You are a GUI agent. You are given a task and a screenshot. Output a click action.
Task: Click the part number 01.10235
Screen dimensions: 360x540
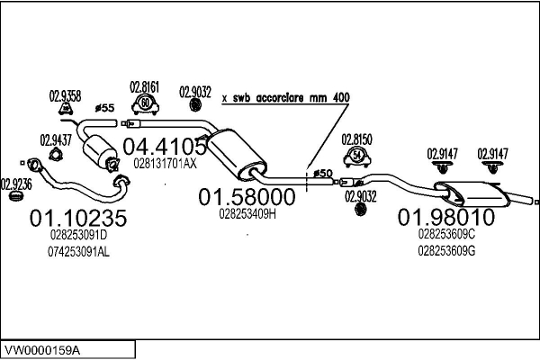[x=78, y=218]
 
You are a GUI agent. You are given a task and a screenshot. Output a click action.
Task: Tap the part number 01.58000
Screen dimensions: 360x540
[x=247, y=195]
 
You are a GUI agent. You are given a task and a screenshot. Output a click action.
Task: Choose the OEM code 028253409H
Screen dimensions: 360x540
[x=247, y=214]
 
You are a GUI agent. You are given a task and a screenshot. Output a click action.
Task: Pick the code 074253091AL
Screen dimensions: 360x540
[x=78, y=252]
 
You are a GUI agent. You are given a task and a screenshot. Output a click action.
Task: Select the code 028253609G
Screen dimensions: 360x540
[x=446, y=251]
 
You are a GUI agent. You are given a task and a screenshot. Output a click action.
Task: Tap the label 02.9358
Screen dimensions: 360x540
[x=65, y=95]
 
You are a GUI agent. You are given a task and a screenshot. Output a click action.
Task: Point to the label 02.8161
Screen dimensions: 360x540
[x=145, y=87]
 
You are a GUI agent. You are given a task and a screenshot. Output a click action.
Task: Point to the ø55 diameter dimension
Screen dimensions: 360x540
[x=104, y=109]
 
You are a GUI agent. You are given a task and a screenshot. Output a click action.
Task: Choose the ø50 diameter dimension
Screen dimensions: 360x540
[x=321, y=172]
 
